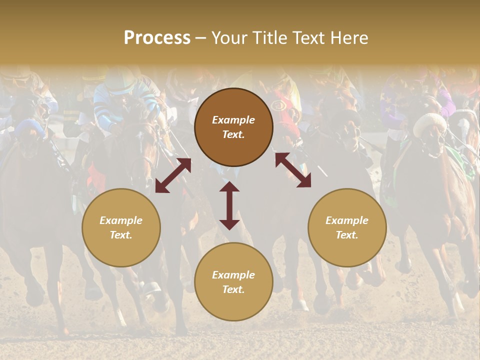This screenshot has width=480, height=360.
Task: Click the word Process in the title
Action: click(157, 38)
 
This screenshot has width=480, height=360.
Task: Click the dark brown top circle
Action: click(233, 127)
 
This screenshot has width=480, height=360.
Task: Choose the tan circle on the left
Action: click(121, 227)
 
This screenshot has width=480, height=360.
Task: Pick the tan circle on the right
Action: click(347, 227)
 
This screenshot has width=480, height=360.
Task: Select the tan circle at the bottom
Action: click(233, 281)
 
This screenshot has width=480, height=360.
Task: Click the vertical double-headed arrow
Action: click(229, 205)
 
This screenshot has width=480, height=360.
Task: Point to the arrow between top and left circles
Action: click(173, 175)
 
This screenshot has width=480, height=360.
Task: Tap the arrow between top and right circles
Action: click(293, 170)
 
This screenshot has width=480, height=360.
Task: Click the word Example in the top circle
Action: click(233, 120)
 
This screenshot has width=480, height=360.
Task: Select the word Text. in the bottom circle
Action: click(233, 289)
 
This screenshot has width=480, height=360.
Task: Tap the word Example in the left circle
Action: click(121, 220)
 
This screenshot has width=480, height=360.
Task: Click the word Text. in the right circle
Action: click(347, 235)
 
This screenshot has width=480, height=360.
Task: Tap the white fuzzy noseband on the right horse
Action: click(429, 122)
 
